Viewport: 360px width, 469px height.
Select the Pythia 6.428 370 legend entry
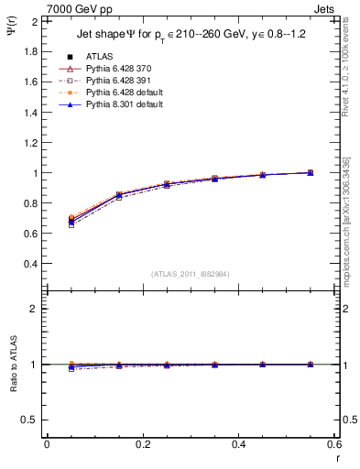click(x=113, y=69)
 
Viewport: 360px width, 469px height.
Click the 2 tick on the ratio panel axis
click(x=33, y=309)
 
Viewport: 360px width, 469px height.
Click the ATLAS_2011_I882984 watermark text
click(x=190, y=274)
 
